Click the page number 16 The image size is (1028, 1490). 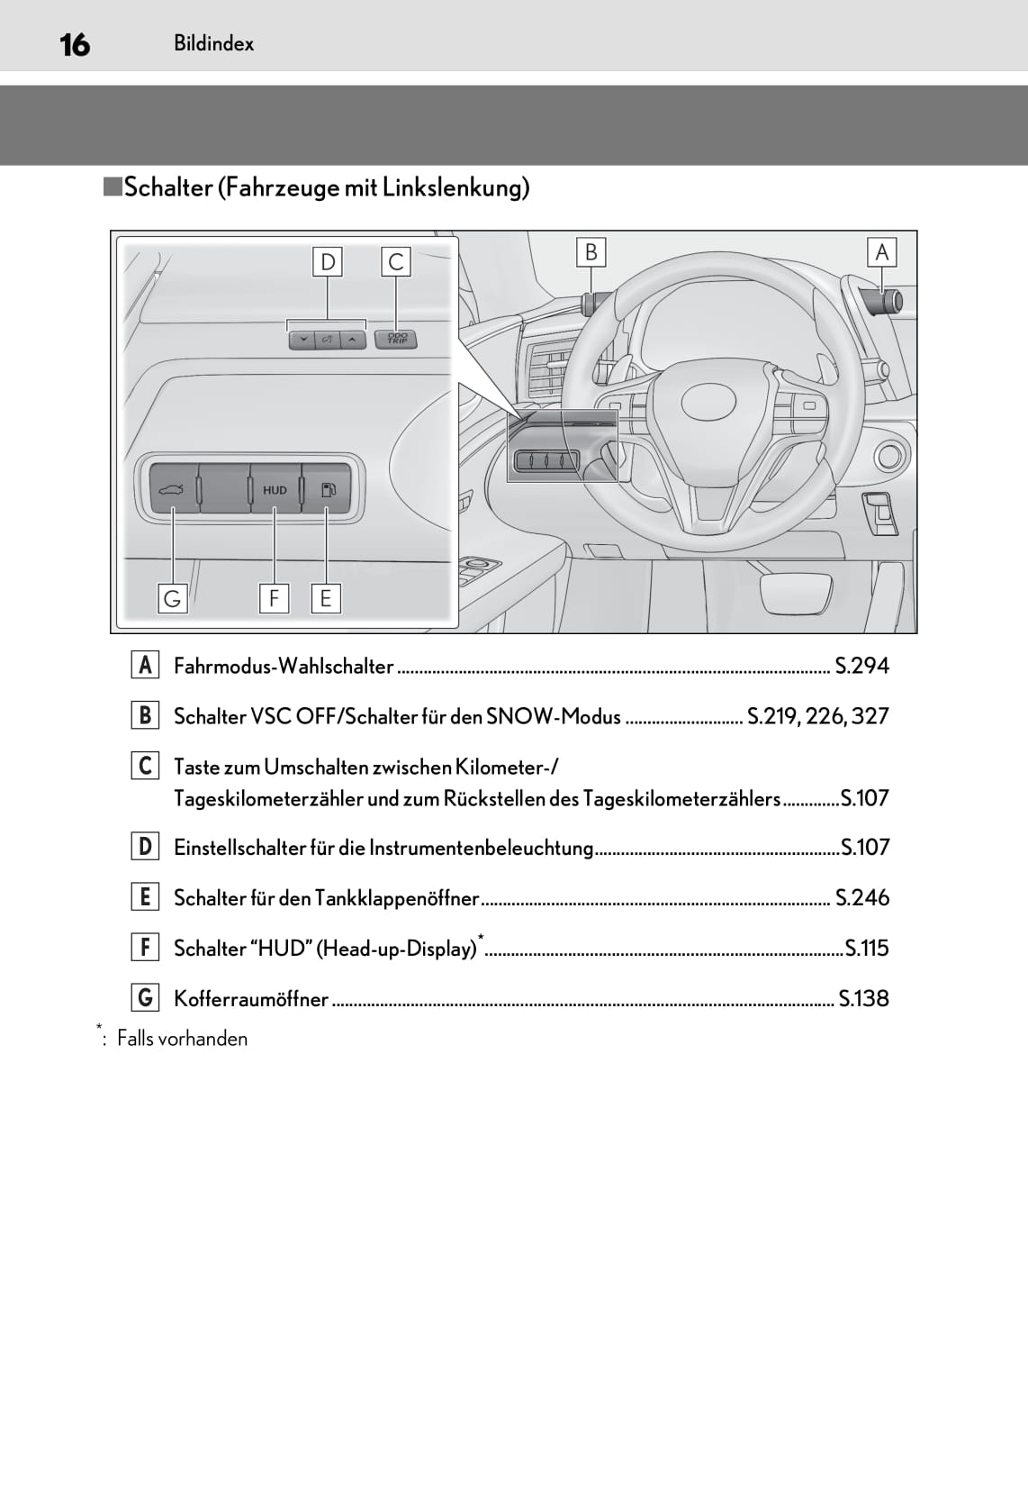(x=75, y=44)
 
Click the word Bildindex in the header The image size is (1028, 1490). (x=213, y=43)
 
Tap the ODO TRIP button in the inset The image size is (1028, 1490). (x=396, y=339)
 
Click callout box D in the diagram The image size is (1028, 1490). (x=328, y=262)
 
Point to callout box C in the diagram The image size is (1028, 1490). (x=395, y=262)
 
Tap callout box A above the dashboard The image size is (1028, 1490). (x=881, y=252)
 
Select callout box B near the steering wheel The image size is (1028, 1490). (x=591, y=252)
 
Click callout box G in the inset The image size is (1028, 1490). (x=172, y=598)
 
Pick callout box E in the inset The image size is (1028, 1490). (x=326, y=598)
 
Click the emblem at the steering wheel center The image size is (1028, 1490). (x=708, y=402)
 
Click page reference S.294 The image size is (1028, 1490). (x=861, y=666)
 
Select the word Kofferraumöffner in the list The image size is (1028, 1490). (x=251, y=999)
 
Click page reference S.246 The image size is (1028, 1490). (x=861, y=898)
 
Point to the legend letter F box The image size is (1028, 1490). (x=145, y=948)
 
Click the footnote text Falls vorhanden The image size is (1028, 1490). (x=182, y=1039)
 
